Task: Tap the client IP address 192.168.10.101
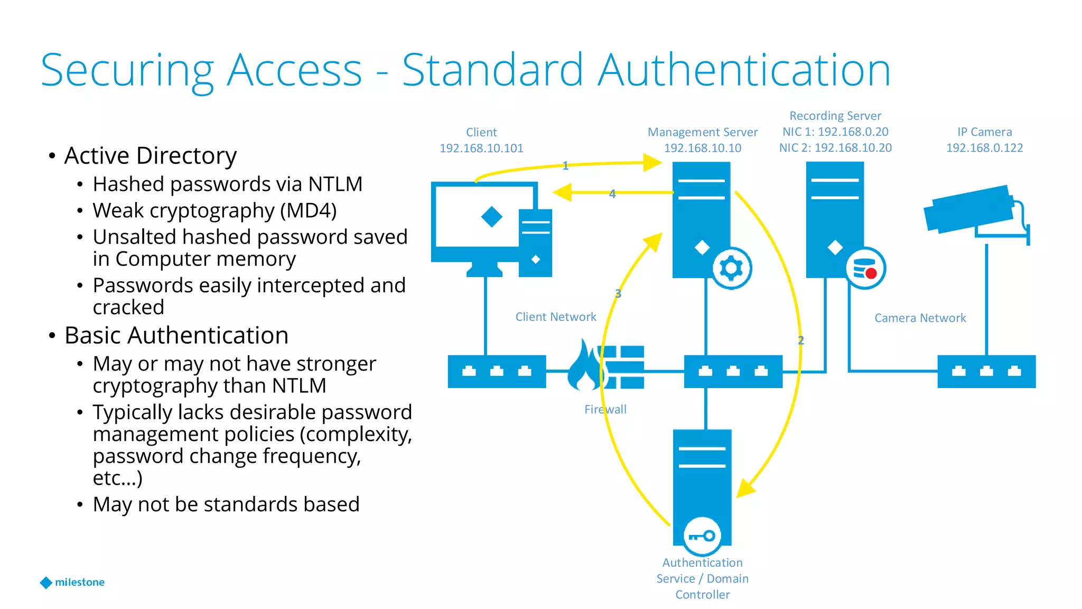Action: (481, 148)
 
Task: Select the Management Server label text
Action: (702, 132)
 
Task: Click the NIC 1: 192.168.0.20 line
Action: (835, 132)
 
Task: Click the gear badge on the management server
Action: (731, 268)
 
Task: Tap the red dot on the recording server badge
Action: (871, 273)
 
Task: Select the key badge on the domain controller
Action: (702, 536)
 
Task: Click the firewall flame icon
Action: (585, 366)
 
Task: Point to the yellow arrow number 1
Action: (565, 166)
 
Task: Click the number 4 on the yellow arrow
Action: (612, 194)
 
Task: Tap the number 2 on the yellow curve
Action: (801, 340)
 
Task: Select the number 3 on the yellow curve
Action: (618, 293)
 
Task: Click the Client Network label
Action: (555, 317)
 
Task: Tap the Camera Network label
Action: (920, 318)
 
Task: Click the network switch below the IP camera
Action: (986, 372)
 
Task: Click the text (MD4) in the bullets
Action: (308, 210)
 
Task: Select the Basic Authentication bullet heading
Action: (176, 335)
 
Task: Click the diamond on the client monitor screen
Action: (491, 217)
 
